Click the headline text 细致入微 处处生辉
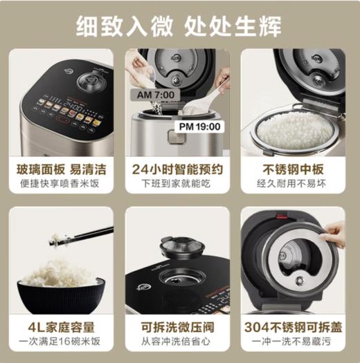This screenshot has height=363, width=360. pos(179,26)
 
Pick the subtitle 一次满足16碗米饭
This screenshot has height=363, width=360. pos(60,342)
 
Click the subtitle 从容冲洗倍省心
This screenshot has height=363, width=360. pos(179,342)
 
